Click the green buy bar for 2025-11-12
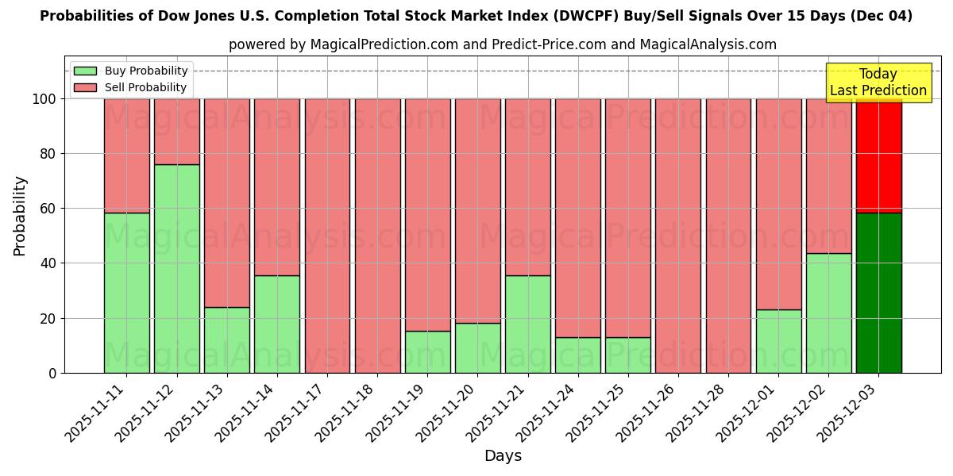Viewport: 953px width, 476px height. (x=176, y=268)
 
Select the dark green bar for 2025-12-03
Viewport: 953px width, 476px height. (x=878, y=293)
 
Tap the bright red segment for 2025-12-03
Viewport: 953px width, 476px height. (x=878, y=155)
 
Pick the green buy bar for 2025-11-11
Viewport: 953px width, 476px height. (x=126, y=293)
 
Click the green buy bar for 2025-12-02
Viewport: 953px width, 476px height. (x=828, y=313)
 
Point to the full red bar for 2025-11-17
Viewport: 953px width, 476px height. (x=327, y=236)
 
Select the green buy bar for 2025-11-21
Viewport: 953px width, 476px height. (x=527, y=324)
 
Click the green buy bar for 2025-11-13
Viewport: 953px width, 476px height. (x=226, y=340)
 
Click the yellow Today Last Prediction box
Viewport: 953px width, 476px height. (x=878, y=83)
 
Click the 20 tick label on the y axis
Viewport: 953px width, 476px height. (x=49, y=318)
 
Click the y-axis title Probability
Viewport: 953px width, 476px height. (x=20, y=215)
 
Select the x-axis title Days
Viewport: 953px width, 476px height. (x=503, y=456)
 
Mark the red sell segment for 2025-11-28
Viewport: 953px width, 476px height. (x=728, y=236)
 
